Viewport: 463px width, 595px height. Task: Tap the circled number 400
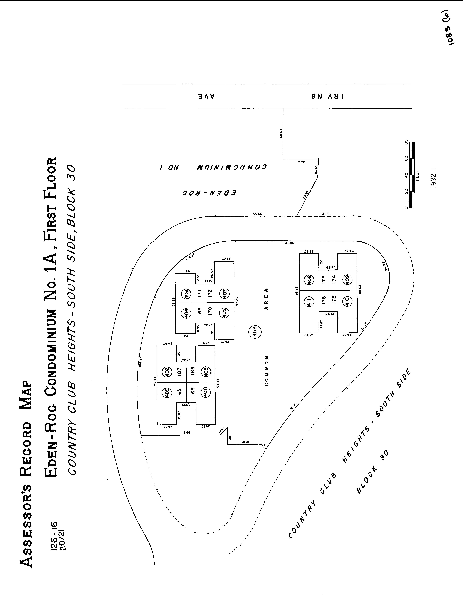[x=167, y=393]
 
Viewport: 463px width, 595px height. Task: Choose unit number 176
[x=323, y=300]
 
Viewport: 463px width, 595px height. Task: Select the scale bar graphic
[x=412, y=175]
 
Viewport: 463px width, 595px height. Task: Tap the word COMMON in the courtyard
[x=267, y=371]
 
